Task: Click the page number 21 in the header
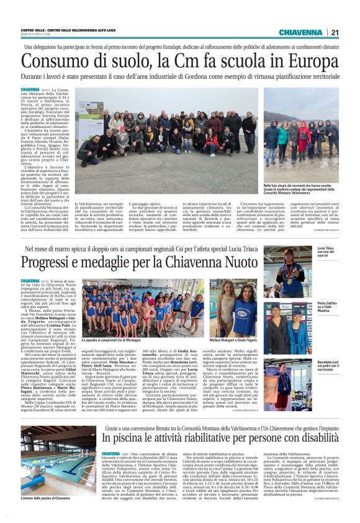click(x=335, y=32)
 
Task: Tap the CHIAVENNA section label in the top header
click(x=300, y=32)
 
